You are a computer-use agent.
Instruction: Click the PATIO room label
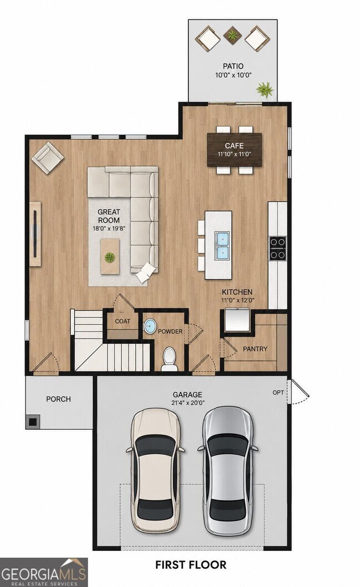233,66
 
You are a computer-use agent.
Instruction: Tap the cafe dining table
235,150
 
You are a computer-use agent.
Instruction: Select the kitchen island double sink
222,245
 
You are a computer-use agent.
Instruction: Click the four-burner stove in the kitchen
277,249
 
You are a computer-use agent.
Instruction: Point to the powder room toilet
169,359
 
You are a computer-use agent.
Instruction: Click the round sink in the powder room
151,326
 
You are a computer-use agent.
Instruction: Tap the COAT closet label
123,321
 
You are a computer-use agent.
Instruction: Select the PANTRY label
255,349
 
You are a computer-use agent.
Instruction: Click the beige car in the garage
155,471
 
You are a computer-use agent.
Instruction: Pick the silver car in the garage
228,471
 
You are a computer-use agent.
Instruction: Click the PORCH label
58,399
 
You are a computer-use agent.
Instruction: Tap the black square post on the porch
33,421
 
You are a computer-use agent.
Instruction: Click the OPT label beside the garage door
278,393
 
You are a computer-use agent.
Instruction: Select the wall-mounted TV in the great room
35,234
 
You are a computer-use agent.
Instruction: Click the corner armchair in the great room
48,158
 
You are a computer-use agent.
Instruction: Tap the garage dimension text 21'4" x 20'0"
188,403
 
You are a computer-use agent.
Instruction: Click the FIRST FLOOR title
191,564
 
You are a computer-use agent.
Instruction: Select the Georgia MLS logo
44,572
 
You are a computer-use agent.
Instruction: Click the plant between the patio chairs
233,35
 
